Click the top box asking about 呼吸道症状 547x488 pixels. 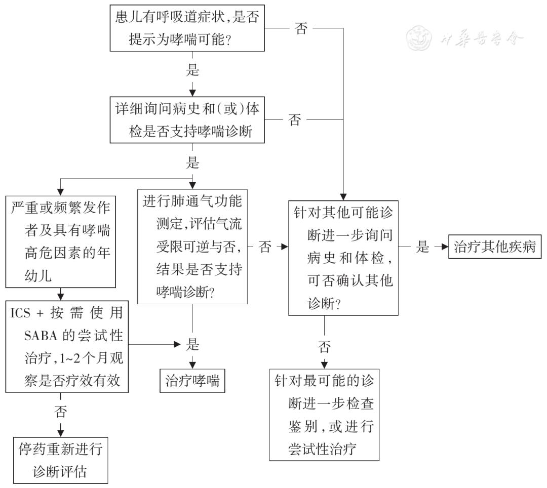coord(187,29)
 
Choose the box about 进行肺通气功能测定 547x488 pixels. coord(192,247)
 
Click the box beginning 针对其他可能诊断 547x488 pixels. coord(343,258)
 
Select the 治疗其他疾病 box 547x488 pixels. coord(495,247)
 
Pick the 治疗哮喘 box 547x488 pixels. coord(192,381)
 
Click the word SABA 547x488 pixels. coord(44,336)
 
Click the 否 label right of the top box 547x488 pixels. coord(301,29)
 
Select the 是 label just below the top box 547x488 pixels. coord(192,70)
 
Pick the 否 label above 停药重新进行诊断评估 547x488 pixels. coord(60,411)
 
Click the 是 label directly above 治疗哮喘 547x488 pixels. coord(192,345)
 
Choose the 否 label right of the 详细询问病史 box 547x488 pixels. coord(294,120)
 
